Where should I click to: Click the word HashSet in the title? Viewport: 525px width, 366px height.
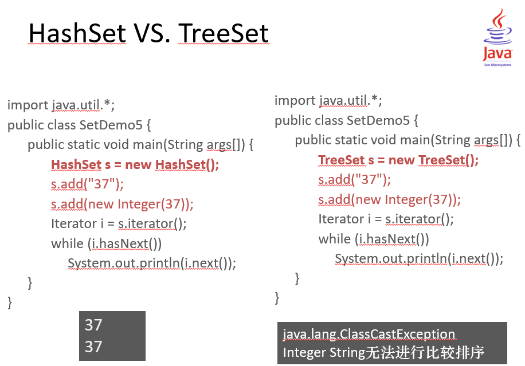point(77,33)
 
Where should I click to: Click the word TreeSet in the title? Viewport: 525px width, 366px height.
point(224,33)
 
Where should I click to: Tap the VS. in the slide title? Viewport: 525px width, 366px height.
point(152,33)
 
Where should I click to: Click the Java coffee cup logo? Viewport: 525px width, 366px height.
point(497,37)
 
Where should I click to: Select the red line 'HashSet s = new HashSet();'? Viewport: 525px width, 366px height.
point(135,164)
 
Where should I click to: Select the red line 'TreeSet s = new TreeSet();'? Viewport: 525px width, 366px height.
point(398,160)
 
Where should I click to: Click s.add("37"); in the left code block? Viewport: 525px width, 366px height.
point(87,184)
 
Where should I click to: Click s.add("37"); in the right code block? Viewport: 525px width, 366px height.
point(354,180)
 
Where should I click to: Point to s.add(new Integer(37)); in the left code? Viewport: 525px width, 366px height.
point(122,204)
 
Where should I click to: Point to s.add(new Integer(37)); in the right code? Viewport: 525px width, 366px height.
point(389,200)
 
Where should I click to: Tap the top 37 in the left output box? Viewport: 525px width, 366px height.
point(93,325)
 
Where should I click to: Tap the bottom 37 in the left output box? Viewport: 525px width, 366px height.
point(93,347)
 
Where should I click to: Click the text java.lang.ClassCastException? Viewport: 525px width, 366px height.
point(369,334)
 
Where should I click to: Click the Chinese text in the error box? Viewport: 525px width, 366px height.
point(425,352)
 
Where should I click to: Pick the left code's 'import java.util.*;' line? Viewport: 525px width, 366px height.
point(61,105)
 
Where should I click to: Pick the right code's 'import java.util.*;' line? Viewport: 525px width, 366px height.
point(328,100)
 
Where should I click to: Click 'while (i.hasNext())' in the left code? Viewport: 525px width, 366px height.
point(106,243)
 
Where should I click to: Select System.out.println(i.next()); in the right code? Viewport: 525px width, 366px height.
point(419,259)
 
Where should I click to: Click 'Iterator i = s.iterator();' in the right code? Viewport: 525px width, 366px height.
point(386,219)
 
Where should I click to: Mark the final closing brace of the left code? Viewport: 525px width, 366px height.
point(10,302)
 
